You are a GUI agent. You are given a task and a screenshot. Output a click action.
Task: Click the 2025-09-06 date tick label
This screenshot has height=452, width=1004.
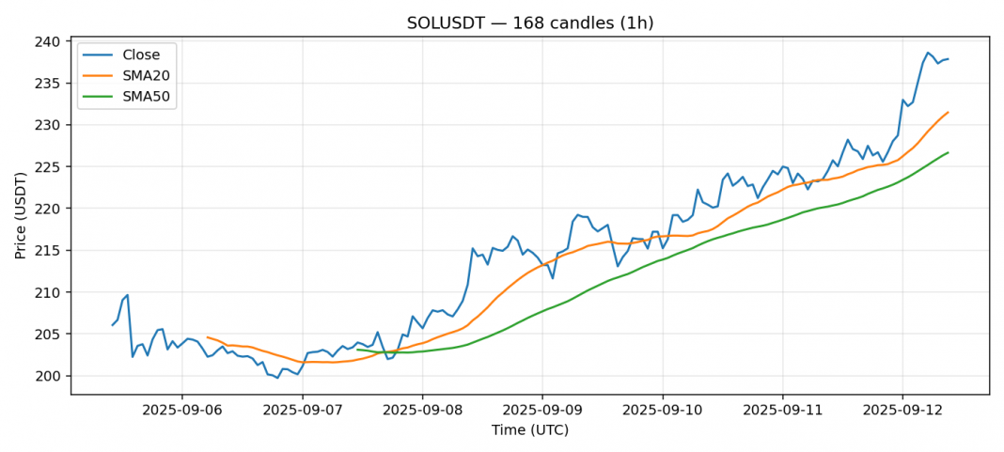pyautogui.click(x=181, y=410)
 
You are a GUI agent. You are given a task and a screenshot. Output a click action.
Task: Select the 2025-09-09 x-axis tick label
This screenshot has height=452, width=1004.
pyautogui.click(x=542, y=410)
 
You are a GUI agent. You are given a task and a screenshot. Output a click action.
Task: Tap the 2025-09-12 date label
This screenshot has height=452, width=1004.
pyautogui.click(x=902, y=410)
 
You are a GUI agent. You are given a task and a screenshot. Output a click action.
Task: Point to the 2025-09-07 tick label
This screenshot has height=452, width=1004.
pyautogui.click(x=302, y=410)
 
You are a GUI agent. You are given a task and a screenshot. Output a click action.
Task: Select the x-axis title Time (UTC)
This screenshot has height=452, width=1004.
pyautogui.click(x=529, y=430)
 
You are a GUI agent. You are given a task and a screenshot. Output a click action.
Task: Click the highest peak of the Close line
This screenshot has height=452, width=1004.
pyautogui.click(x=928, y=53)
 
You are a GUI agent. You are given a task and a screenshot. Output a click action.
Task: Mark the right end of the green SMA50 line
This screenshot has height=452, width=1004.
pyautogui.click(x=948, y=152)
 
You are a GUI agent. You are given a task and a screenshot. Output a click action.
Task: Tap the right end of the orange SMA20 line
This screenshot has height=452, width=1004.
pyautogui.click(x=948, y=113)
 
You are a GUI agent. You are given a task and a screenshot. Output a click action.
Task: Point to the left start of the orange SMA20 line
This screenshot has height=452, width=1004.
pyautogui.click(x=207, y=336)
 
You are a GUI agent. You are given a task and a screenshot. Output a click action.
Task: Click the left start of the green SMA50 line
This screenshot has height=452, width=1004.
pyautogui.click(x=357, y=350)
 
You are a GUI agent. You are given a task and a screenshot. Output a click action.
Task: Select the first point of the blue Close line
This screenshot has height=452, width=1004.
pyautogui.click(x=112, y=325)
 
